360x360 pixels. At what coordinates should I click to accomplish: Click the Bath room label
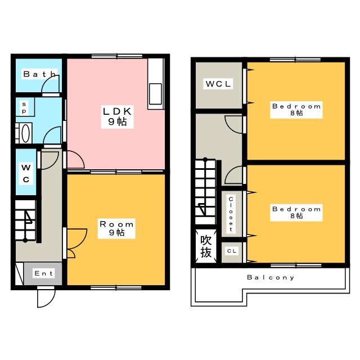click(x=39, y=74)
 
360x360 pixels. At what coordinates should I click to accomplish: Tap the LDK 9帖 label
click(x=118, y=116)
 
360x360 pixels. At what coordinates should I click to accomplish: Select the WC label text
click(x=26, y=173)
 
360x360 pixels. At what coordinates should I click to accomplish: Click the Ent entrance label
click(x=44, y=273)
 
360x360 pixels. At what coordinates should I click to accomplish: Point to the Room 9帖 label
click(x=116, y=228)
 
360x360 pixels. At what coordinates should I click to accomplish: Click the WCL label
click(x=218, y=84)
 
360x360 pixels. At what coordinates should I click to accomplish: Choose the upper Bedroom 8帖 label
click(x=296, y=110)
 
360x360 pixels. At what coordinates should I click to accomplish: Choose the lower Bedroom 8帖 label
click(x=296, y=213)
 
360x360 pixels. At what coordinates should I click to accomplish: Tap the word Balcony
click(x=271, y=277)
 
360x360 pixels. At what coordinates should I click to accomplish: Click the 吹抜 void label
click(x=206, y=246)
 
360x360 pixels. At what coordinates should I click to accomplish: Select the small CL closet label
click(x=232, y=251)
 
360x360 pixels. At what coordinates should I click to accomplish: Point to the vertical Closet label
click(x=231, y=214)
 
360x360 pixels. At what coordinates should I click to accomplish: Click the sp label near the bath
click(x=24, y=107)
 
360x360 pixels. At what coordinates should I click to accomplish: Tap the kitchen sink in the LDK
click(x=155, y=94)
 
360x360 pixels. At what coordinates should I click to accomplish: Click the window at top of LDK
click(x=117, y=56)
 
